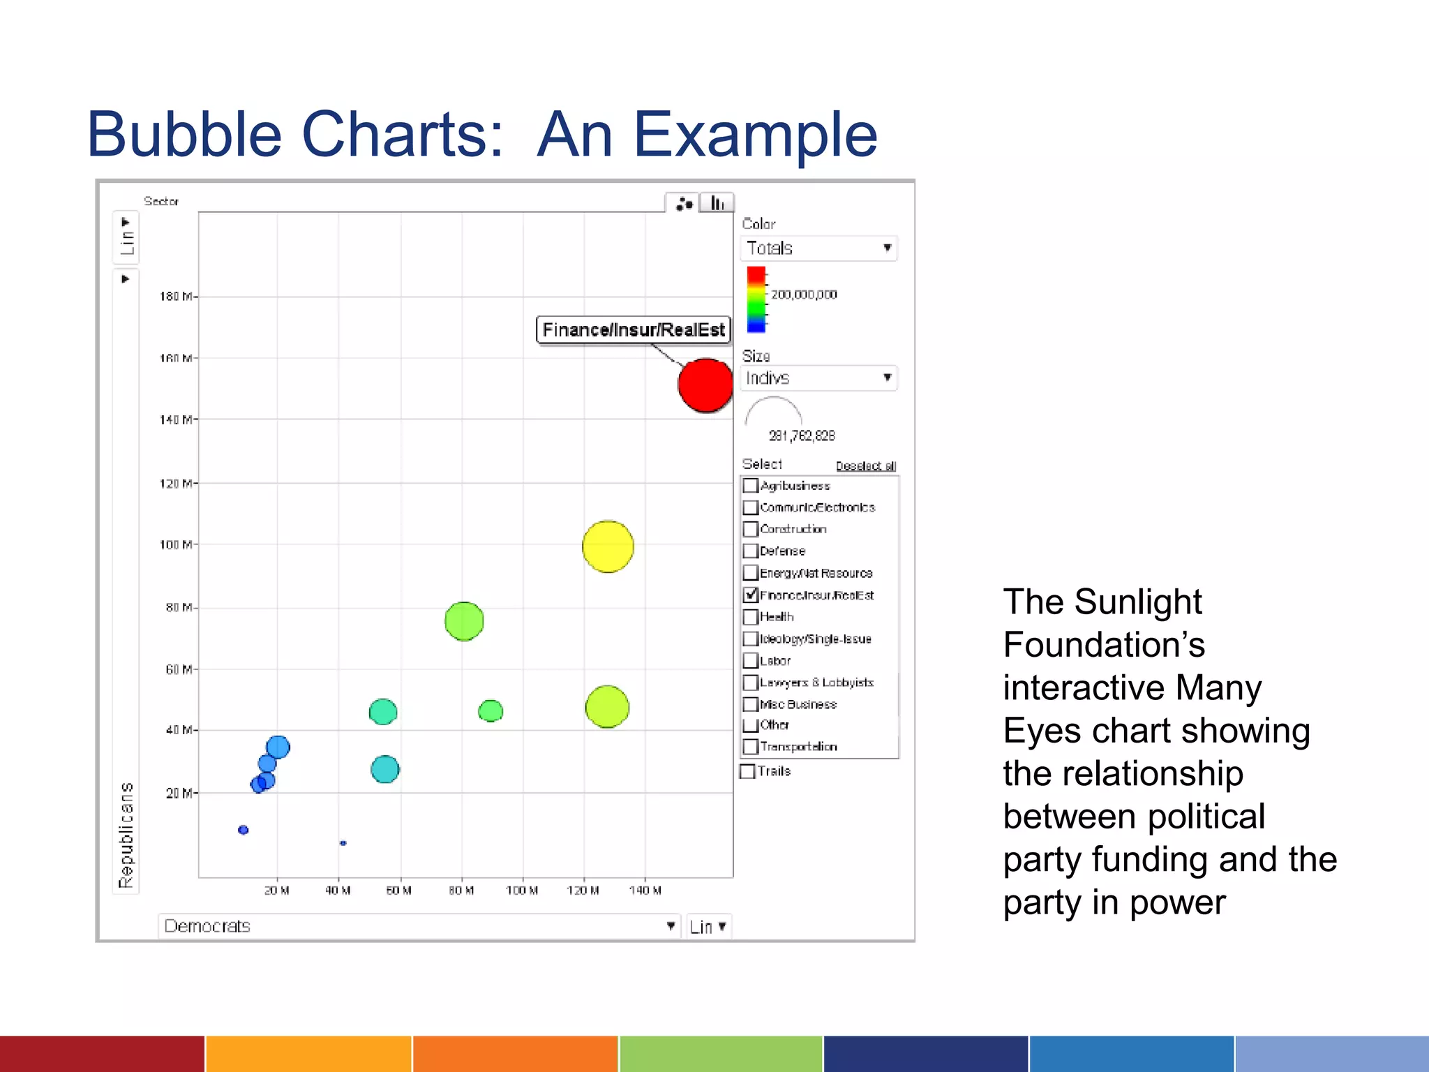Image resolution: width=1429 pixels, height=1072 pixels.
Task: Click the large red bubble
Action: pyautogui.click(x=705, y=385)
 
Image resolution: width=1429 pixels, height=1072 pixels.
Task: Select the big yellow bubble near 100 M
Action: pyautogui.click(x=608, y=546)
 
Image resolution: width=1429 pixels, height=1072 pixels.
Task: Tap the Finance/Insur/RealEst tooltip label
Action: pyautogui.click(x=633, y=329)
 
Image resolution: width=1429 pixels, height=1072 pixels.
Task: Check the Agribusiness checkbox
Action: pyautogui.click(x=751, y=486)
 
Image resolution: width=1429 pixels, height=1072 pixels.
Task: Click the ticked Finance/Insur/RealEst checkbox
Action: pyautogui.click(x=751, y=595)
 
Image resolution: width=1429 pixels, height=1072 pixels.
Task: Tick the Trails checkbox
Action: pyautogui.click(x=748, y=771)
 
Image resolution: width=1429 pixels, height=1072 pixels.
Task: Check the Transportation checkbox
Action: pyautogui.click(x=751, y=747)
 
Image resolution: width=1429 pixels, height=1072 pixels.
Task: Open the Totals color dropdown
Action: pyautogui.click(x=818, y=248)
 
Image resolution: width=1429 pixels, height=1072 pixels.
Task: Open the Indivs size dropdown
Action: pyautogui.click(x=818, y=378)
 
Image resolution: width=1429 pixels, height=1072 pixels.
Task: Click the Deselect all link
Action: pyautogui.click(x=865, y=466)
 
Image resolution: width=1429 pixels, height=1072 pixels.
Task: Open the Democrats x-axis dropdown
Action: pyautogui.click(x=419, y=926)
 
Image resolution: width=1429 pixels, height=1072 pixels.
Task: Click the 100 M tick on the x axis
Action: pyautogui.click(x=522, y=891)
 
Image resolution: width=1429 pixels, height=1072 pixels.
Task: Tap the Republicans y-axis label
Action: pyautogui.click(x=126, y=835)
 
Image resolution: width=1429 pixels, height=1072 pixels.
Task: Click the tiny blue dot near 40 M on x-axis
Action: pyautogui.click(x=343, y=843)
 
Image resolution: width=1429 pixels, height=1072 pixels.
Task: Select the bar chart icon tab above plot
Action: pyautogui.click(x=717, y=203)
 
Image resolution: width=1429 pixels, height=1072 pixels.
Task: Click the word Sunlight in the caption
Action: pyautogui.click(x=1137, y=602)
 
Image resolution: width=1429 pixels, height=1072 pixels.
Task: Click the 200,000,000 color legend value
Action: pyautogui.click(x=804, y=295)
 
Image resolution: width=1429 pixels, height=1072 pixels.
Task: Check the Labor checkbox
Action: pyautogui.click(x=751, y=661)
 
